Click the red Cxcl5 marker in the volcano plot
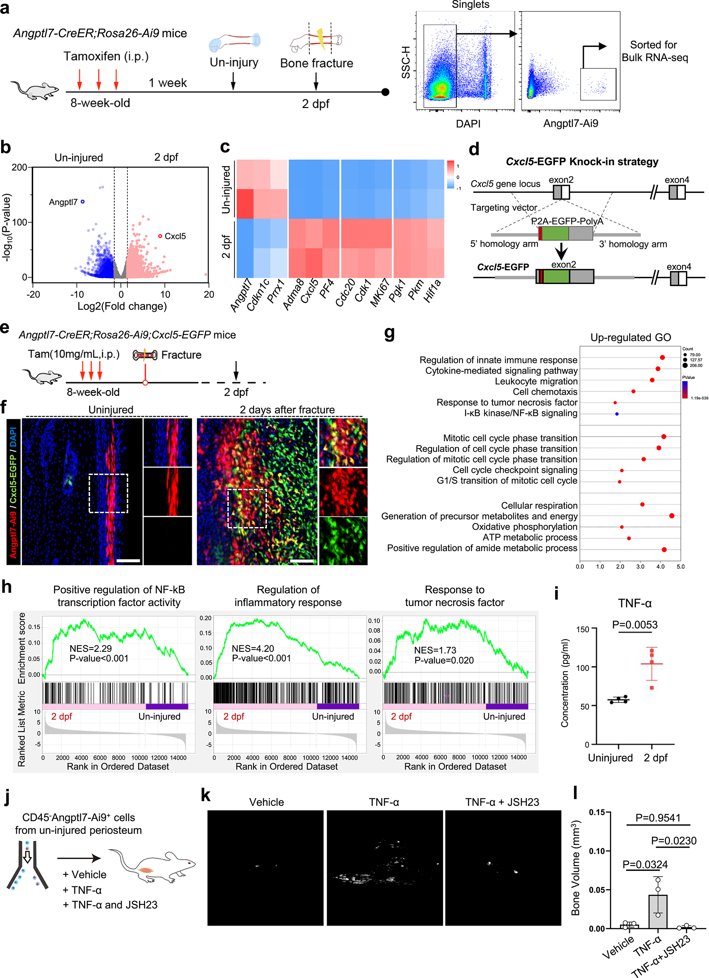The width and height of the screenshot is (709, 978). pos(160,236)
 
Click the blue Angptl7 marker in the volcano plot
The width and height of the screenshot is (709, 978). pos(83,201)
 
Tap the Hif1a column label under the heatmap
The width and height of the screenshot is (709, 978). pos(432,291)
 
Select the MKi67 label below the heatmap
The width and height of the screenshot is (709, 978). pos(380,292)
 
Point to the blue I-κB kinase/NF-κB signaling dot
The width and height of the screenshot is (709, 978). pos(617,414)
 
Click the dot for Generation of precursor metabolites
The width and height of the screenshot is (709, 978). pos(671,516)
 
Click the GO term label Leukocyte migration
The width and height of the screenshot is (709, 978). pos(536,381)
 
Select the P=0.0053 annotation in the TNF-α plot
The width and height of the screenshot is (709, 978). pos(634,625)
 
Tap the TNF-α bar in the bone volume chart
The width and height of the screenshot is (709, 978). pos(658,911)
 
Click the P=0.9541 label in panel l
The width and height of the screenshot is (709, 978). pos(658,818)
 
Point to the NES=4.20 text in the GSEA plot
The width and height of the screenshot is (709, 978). pos(253,649)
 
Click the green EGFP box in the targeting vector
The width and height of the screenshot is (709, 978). pos(555,233)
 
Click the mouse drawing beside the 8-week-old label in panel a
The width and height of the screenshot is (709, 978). pos(34,90)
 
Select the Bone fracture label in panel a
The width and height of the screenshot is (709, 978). pos(317,63)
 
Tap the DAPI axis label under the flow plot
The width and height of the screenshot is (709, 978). pos(468,124)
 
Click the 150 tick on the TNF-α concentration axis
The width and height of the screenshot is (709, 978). pos(583,629)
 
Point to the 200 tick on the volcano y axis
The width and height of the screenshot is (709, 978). pos(20,167)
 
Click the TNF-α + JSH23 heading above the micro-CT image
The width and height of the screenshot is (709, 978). pos(502,802)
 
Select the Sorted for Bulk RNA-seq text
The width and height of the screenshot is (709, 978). pos(654,51)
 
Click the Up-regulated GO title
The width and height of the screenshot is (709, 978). pos(630,337)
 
